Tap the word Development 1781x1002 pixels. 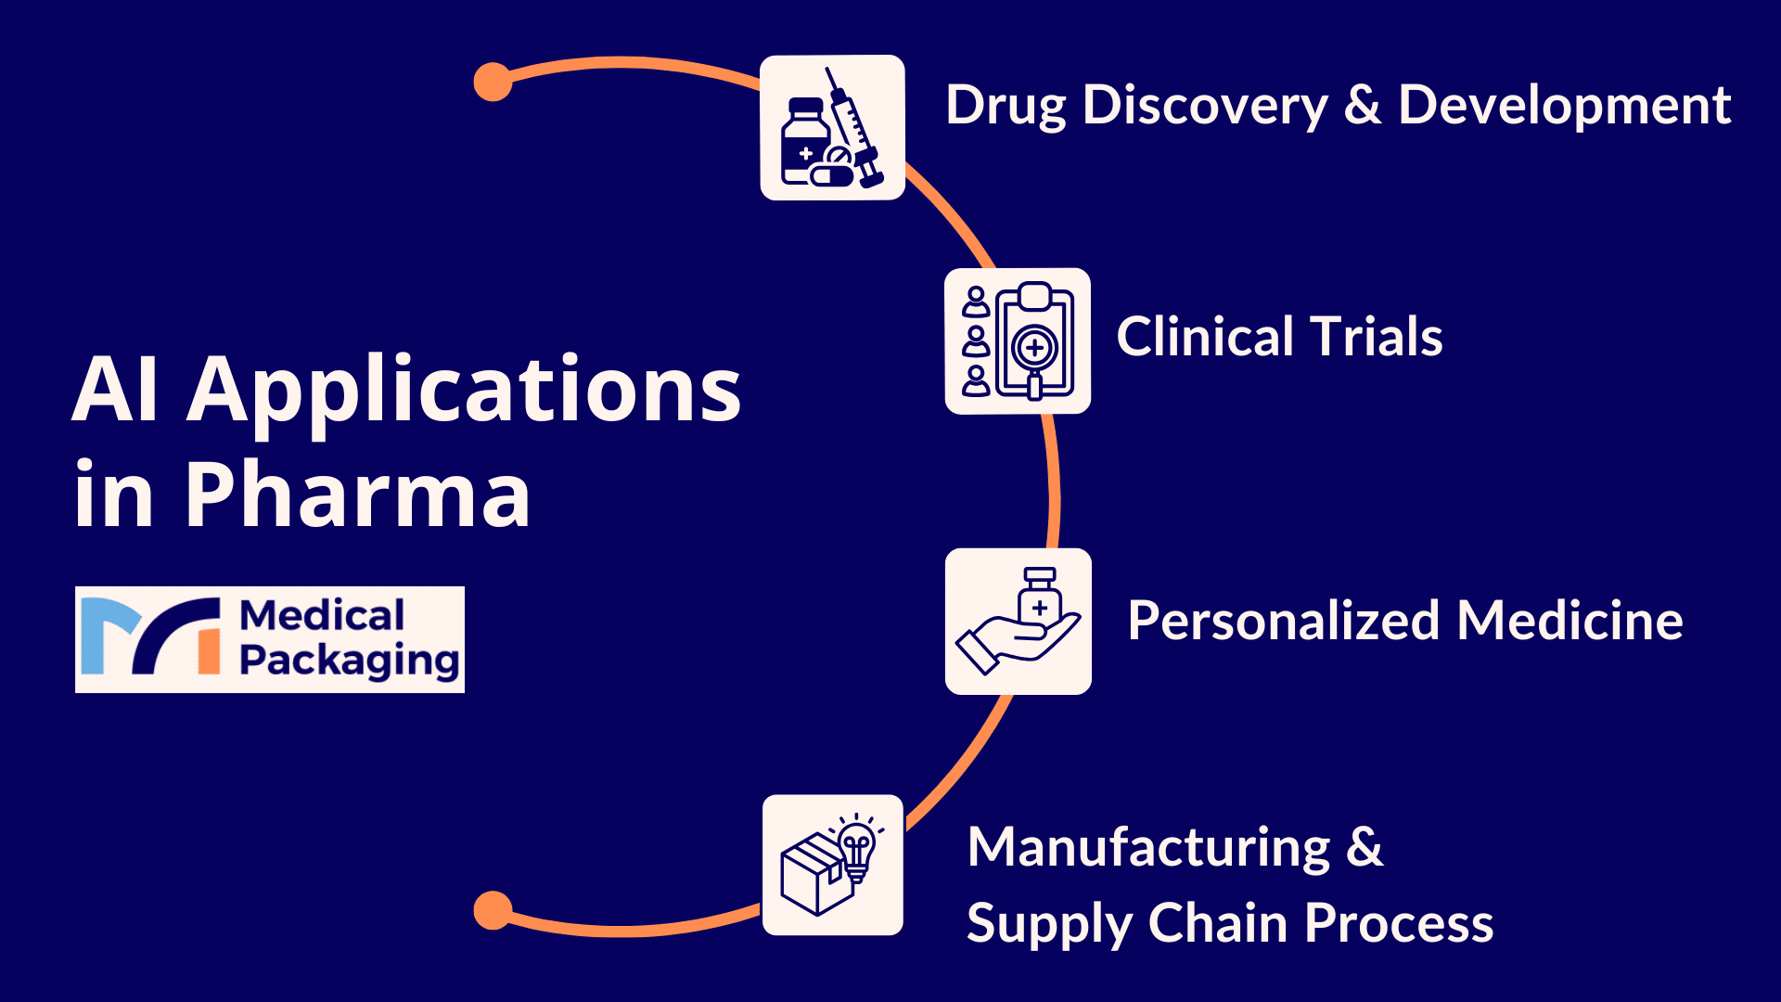[1564, 105]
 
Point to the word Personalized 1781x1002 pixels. [1284, 621]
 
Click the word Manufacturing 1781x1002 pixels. [1148, 848]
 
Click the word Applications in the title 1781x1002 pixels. [464, 390]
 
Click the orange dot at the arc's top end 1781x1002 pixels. [493, 82]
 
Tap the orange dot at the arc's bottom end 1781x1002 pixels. [493, 910]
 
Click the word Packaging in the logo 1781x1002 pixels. [349, 661]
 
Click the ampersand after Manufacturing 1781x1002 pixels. [1365, 848]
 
